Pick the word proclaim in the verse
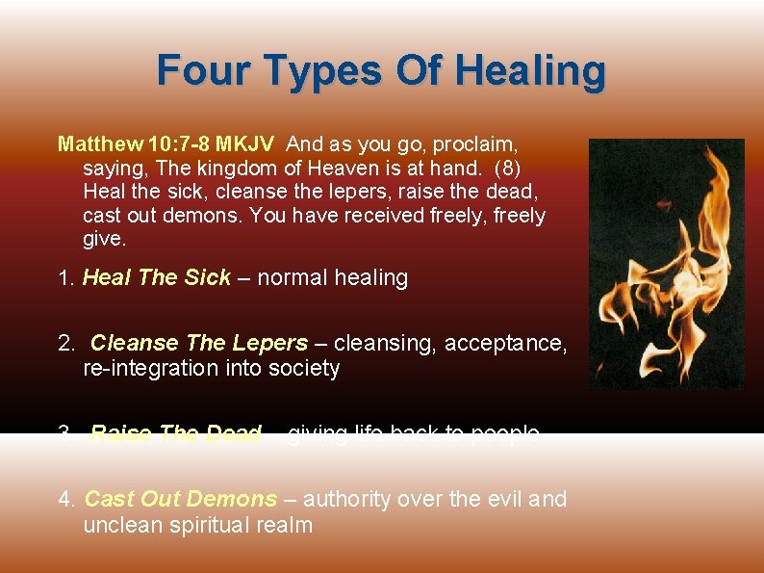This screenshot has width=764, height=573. pyautogui.click(x=475, y=144)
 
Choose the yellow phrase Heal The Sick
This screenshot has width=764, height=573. pyautogui.click(x=157, y=278)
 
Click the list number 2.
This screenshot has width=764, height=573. pyautogui.click(x=64, y=344)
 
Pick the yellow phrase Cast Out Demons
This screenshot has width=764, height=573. pyautogui.click(x=181, y=499)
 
